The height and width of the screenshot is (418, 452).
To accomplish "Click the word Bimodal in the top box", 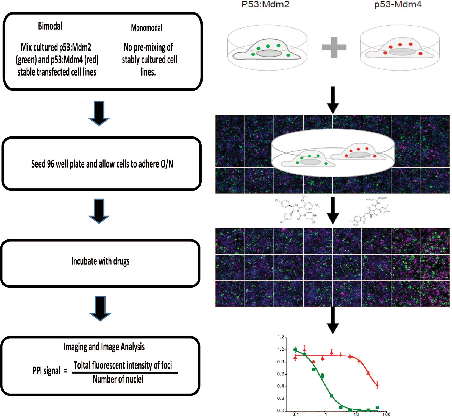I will point(50,26).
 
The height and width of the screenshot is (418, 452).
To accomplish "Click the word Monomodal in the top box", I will point(146,28).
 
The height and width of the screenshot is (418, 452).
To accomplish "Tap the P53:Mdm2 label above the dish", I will point(265,5).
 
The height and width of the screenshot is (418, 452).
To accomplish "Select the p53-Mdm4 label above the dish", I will point(398,5).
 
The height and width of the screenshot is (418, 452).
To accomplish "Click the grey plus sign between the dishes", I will point(334,47).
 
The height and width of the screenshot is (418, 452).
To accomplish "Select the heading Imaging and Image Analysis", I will point(104,347).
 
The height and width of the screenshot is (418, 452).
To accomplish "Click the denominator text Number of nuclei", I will point(118,380).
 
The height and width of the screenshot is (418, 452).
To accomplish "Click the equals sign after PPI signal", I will point(65,371).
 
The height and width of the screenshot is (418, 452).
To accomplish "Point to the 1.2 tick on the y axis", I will point(281,337).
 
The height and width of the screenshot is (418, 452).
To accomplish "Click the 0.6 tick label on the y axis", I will point(281,374).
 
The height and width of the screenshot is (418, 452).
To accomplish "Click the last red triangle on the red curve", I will point(377,385).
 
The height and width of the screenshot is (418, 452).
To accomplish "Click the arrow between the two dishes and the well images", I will point(333,100).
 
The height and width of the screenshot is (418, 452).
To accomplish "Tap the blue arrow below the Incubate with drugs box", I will point(100,308).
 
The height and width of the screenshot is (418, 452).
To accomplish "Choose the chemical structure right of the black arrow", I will point(370,211).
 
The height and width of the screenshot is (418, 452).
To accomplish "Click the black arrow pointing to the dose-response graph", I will point(333,320).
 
